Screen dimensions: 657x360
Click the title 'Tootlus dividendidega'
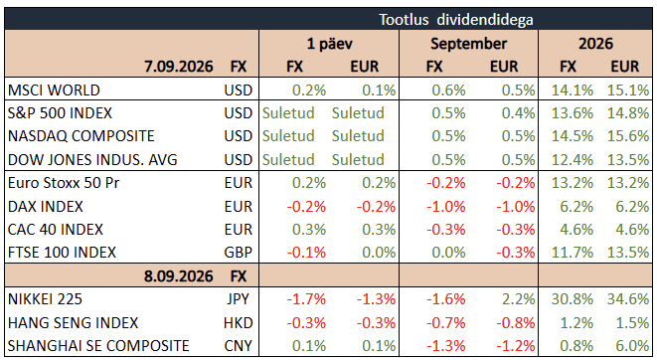point(456,20)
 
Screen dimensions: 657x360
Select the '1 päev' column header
point(329,44)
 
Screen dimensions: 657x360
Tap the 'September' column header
point(468,44)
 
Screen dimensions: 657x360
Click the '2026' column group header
point(595,44)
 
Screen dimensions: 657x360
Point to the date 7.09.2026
point(179,67)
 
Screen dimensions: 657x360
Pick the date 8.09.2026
point(179,276)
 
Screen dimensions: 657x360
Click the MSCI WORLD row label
point(54,90)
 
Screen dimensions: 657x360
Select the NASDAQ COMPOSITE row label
point(82,136)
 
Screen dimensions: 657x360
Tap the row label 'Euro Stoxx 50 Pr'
point(64,183)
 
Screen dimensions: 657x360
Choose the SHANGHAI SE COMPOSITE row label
point(98,346)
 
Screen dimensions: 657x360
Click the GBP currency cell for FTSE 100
point(238,253)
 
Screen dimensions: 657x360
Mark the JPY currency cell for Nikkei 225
point(238,299)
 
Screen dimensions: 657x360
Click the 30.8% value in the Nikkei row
point(572,299)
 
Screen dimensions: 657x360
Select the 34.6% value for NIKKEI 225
point(627,299)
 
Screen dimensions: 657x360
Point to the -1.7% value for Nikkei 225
point(306,299)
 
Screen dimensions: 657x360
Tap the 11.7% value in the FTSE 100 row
point(572,253)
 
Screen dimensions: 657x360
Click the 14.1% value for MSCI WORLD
point(572,90)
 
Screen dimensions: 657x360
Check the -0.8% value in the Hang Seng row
point(516,322)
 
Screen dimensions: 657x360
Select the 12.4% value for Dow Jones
point(572,160)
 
